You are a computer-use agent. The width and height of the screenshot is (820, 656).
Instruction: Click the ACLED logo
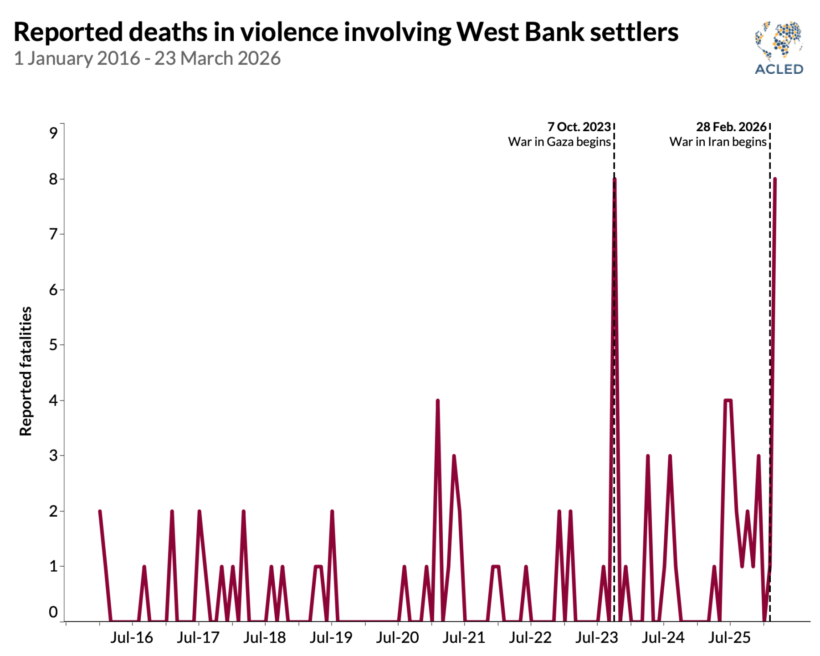(x=779, y=47)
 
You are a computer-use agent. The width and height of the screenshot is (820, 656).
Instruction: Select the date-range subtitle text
(x=147, y=59)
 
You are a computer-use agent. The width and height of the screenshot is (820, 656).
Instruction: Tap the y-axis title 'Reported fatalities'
(x=26, y=371)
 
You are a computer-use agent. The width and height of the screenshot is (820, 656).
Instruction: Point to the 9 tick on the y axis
(x=54, y=133)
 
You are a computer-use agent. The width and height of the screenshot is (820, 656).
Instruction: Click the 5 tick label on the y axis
(x=54, y=345)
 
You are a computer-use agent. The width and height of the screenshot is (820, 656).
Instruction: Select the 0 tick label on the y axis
(x=54, y=612)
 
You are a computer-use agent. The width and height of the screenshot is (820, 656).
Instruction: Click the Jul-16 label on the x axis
(x=132, y=637)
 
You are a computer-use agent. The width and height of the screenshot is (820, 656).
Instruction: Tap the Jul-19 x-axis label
(x=331, y=637)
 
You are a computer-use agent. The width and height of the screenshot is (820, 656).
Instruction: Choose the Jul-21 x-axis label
(x=464, y=637)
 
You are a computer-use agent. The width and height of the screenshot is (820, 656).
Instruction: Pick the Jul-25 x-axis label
(x=729, y=637)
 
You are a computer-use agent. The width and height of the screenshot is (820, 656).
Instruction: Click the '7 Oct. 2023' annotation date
(x=579, y=127)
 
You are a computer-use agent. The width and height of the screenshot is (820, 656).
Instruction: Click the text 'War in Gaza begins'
(x=559, y=142)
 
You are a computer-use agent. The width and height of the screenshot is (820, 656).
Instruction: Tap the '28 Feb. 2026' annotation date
(x=731, y=127)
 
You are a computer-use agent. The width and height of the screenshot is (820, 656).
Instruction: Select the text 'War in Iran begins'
(x=717, y=142)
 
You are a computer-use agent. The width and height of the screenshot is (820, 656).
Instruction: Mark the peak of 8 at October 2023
(x=615, y=179)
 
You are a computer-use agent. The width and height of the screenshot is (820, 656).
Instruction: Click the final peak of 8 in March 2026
(x=775, y=179)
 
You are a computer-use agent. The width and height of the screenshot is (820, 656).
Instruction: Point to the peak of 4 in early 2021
(x=437, y=401)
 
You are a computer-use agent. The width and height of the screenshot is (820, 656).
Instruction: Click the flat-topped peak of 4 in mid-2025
(x=728, y=401)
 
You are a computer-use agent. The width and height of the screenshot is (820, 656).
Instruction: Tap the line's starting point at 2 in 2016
(x=100, y=511)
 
